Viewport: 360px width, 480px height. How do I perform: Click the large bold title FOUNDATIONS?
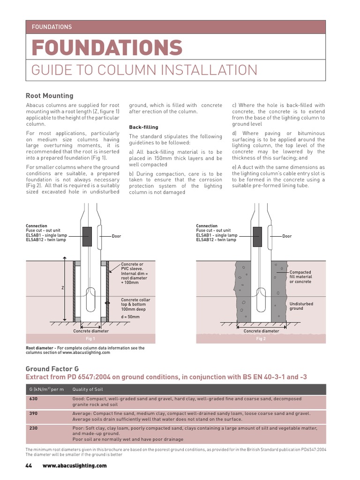point(107,48)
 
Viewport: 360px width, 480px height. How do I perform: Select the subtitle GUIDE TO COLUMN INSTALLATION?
point(144,70)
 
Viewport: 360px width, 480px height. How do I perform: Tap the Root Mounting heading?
point(49,96)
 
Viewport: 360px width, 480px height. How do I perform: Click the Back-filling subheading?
point(143,127)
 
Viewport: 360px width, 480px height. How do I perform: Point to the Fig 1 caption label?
point(90,338)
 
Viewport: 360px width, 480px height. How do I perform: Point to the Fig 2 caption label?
point(261,338)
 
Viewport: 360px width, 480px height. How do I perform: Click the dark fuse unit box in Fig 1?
point(87,236)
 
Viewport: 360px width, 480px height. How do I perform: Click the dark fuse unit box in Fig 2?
point(257,236)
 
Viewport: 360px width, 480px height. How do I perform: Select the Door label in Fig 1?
point(116,236)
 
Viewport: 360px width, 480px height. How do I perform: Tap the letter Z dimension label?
point(62,287)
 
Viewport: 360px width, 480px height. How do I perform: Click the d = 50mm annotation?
point(130,317)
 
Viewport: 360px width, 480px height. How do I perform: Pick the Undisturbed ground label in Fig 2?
point(301,306)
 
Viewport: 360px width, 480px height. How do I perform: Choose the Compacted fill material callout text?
point(300,277)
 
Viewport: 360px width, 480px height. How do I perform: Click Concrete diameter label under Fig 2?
point(261,331)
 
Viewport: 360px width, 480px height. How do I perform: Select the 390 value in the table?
point(34,414)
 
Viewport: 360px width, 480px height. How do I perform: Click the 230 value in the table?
point(34,428)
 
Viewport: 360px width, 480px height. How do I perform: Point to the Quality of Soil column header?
point(88,390)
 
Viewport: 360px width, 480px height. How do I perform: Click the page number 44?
point(29,465)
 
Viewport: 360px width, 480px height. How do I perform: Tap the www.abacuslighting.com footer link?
point(75,465)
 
